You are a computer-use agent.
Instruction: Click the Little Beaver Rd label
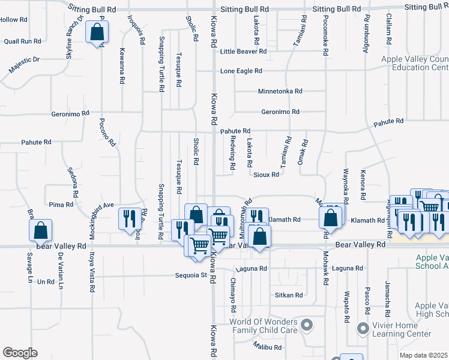[243, 52]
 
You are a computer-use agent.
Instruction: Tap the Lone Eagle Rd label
[241, 71]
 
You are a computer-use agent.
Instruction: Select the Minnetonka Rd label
[280, 92]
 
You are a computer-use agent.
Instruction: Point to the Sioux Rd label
[267, 175]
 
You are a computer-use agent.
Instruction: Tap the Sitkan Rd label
[289, 295]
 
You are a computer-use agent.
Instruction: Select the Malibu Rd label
[267, 347]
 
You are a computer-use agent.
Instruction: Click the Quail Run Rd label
[22, 41]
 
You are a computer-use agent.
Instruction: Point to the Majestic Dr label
[23, 65]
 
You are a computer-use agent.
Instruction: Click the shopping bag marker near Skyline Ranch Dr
[97, 32]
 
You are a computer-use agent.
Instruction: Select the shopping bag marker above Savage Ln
[40, 230]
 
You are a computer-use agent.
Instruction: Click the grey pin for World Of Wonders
[307, 326]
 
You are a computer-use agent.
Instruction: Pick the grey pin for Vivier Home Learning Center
[362, 328]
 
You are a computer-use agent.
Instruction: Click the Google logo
[20, 353]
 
